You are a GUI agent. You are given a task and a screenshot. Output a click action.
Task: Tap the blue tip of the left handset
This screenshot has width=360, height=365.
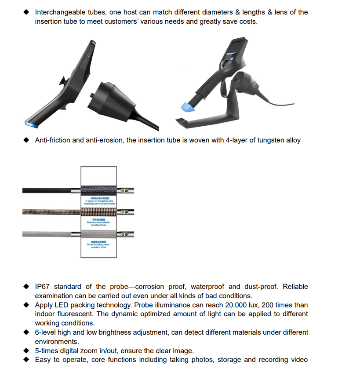(31, 124)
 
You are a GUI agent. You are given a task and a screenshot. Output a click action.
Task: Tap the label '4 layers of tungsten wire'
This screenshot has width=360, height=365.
(100, 201)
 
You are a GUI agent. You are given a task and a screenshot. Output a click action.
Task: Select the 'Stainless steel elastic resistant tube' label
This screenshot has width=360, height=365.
(98, 223)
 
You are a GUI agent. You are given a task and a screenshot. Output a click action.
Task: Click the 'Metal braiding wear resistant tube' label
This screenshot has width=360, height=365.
(98, 245)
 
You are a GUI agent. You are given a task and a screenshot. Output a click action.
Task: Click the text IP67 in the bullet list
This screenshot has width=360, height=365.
(43, 287)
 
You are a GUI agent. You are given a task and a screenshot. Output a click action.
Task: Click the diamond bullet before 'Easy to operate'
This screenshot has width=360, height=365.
(27, 360)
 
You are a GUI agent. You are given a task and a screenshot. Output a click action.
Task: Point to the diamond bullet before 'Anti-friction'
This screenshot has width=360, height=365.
(27, 140)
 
